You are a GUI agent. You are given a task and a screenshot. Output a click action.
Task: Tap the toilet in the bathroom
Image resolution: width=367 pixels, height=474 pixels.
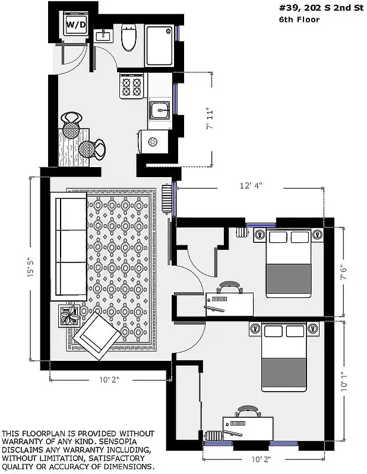(128, 38)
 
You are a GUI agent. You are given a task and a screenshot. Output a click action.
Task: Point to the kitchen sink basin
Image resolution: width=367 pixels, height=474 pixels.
(159, 110)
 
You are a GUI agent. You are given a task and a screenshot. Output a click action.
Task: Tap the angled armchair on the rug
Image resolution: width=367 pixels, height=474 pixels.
(97, 335)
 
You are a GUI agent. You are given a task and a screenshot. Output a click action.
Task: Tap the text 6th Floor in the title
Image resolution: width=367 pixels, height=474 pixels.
(299, 20)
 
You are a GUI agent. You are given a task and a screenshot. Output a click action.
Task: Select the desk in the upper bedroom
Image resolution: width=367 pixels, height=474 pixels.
(229, 303)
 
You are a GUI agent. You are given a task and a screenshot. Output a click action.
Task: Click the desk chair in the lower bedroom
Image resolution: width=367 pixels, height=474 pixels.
(247, 411)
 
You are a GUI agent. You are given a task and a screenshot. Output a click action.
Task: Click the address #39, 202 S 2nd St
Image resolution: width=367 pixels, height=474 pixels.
(319, 8)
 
